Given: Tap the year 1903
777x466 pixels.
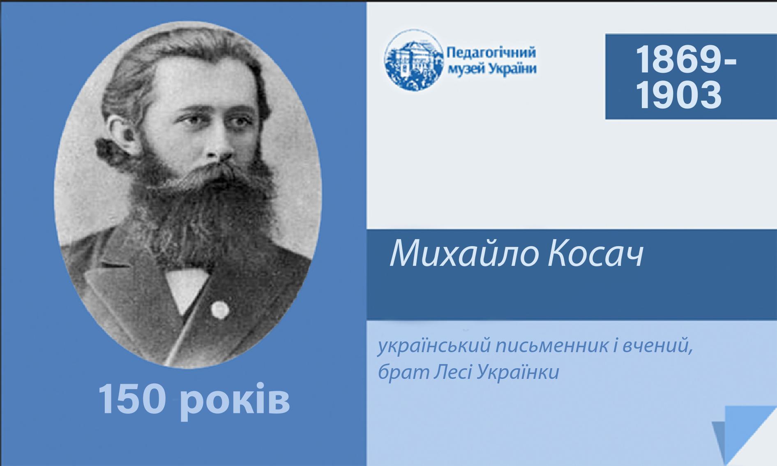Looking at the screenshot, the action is [x=678, y=95].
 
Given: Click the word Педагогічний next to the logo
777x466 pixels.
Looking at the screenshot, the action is [x=491, y=53].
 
